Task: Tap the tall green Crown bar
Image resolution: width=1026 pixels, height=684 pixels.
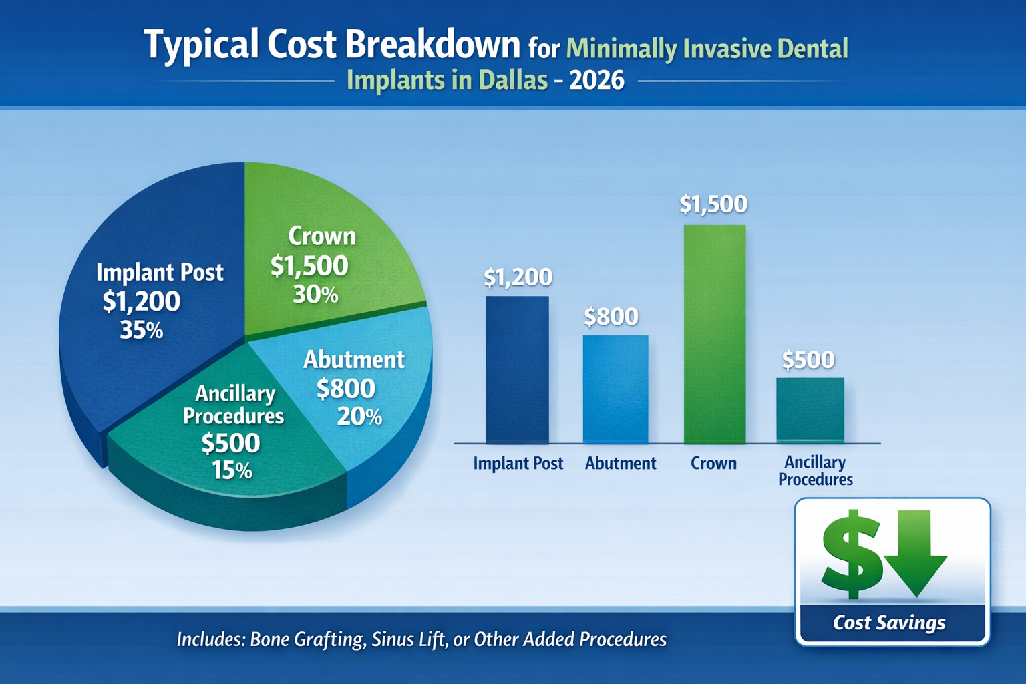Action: point(714,334)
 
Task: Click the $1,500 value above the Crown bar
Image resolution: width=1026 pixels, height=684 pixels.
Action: point(713,204)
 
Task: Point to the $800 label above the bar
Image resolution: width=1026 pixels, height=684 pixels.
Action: point(611,317)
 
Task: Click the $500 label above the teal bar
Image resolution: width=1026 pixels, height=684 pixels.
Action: point(808,361)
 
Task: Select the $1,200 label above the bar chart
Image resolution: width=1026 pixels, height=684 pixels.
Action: point(518,277)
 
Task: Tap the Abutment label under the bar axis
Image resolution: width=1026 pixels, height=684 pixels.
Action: point(621,464)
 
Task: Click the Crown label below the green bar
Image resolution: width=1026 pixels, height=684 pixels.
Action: point(713,464)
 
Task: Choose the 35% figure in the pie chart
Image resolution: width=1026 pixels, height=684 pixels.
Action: point(141,330)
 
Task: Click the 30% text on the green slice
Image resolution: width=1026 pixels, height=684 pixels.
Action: point(315,295)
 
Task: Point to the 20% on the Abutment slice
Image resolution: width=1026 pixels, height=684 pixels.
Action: point(359,417)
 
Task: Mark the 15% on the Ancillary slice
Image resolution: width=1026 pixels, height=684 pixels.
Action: point(232,471)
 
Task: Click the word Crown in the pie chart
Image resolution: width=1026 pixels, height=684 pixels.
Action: point(322,236)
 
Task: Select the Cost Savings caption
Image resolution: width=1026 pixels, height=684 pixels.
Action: point(889,623)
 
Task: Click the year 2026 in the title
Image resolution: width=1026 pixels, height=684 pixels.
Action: point(597,80)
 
